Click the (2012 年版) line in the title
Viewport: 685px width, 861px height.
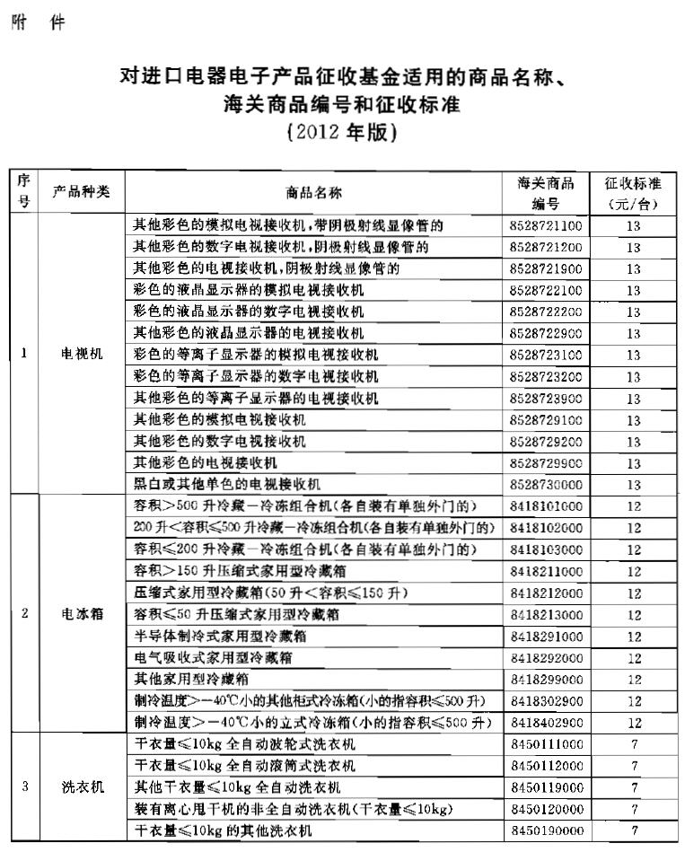[x=341, y=132]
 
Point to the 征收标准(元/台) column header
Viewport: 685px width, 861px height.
[x=633, y=192]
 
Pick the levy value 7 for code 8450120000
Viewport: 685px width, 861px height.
[x=633, y=809]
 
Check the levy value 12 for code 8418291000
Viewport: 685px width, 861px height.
[x=633, y=636]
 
